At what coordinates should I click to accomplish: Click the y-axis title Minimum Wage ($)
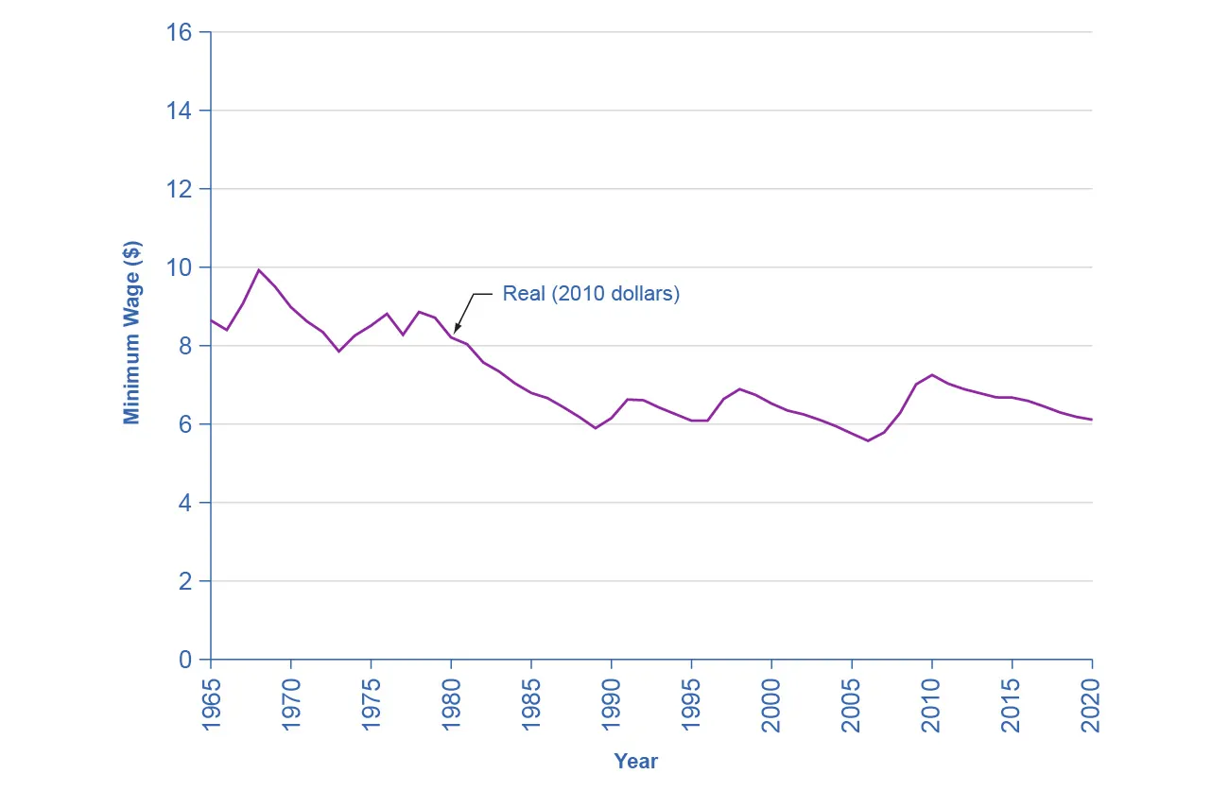(x=131, y=333)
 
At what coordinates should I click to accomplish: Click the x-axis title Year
(x=635, y=761)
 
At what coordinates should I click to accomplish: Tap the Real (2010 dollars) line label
(x=591, y=294)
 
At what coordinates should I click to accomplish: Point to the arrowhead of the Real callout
(x=455, y=331)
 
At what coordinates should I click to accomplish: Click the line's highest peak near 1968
(x=259, y=269)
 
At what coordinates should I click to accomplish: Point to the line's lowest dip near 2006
(x=868, y=441)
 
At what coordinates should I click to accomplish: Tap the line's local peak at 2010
(x=932, y=375)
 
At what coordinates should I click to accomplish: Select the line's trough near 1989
(x=596, y=428)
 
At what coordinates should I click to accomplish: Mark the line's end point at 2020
(x=1092, y=420)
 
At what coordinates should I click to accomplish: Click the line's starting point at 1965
(x=211, y=320)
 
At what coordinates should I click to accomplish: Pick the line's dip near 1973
(x=339, y=352)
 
